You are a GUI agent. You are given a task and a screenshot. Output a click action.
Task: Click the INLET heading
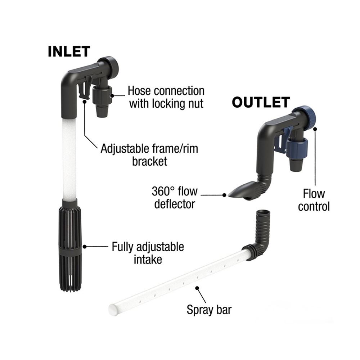69,51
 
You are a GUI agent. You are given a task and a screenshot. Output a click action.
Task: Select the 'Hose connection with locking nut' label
166,97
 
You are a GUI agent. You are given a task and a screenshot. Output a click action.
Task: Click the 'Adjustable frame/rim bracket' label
149,154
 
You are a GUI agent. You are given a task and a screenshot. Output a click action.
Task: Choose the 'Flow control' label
314,200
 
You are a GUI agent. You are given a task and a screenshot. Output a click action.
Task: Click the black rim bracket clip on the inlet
84,90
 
